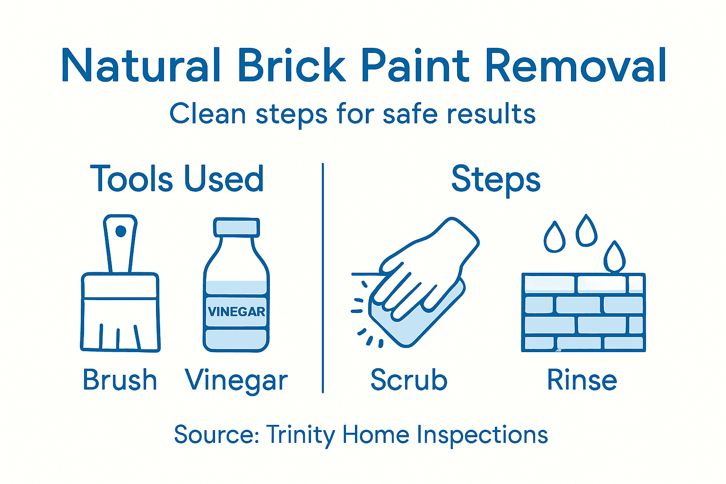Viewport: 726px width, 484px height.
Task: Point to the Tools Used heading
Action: coord(177,179)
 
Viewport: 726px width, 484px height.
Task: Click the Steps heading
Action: coord(496,179)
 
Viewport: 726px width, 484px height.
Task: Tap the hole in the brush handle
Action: coord(121,231)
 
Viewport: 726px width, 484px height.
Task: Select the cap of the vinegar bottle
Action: coord(236,227)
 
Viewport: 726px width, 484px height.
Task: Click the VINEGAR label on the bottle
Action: coord(236,312)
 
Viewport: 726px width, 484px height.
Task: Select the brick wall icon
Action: coord(583,313)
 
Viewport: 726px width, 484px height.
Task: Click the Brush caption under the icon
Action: coord(120,380)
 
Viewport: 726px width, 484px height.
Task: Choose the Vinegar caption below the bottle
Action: coord(236,381)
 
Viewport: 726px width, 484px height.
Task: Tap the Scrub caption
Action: coord(409,380)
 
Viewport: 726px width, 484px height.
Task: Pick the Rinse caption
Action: coord(582,380)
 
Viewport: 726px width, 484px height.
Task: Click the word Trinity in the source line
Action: coord(301,435)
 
